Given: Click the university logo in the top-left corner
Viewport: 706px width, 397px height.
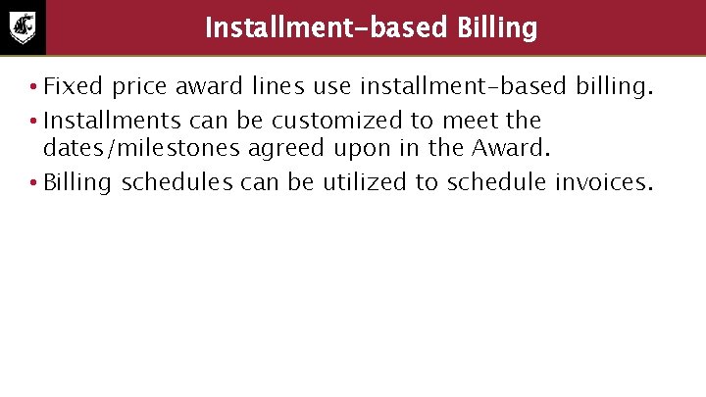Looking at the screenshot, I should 22,27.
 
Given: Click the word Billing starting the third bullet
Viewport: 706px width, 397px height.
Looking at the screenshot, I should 78,182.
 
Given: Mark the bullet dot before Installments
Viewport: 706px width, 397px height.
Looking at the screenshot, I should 32,122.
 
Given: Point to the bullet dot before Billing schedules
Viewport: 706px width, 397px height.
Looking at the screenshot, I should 32,183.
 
